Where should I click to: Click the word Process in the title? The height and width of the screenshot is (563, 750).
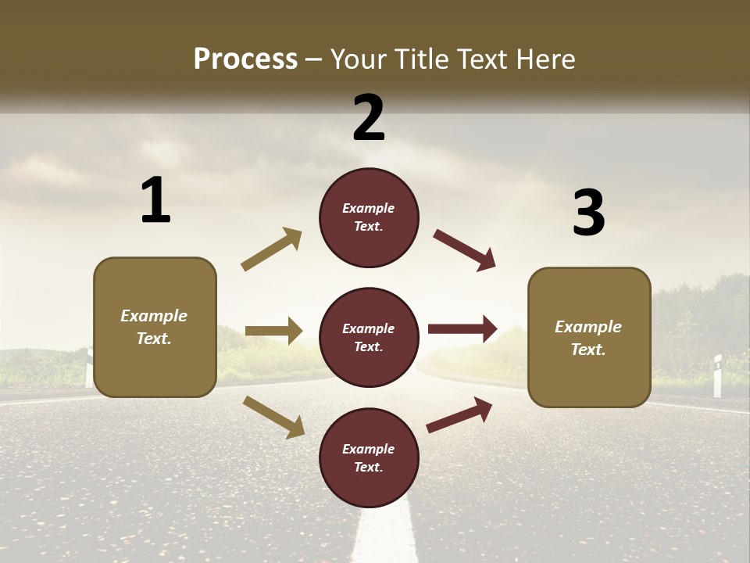coord(245,59)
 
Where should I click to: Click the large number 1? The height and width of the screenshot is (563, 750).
coord(155,201)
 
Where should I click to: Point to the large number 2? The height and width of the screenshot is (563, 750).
coord(369,118)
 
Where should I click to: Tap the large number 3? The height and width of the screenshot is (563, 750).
coord(588,213)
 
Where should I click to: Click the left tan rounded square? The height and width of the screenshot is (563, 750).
coord(155,327)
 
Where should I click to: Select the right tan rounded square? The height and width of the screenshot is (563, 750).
coord(589,337)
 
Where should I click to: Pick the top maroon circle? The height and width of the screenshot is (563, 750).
coord(369,217)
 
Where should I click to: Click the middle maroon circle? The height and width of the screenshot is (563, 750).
coord(369,337)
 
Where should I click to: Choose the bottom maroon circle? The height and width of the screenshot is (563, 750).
coord(369,457)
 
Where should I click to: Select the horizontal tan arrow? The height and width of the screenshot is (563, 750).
coord(273,331)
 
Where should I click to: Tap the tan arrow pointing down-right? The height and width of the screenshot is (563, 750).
coord(274,417)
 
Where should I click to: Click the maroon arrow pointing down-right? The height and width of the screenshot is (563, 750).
coord(465,250)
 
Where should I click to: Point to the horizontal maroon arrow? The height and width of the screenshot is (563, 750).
coord(462,329)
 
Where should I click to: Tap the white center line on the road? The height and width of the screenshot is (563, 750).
coord(384,532)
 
